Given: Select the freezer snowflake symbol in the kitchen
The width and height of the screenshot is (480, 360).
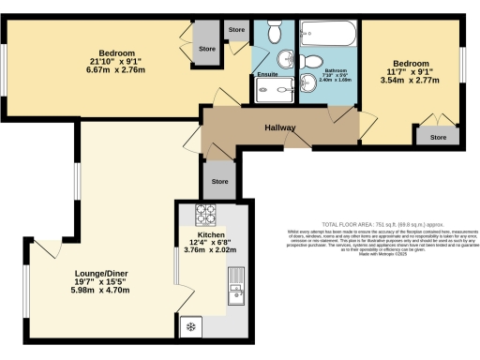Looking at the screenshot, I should pos(191,326).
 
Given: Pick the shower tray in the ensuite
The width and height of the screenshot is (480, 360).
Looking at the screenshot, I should pos(275,89).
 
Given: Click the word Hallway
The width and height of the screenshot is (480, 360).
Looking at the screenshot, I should pos(280,127).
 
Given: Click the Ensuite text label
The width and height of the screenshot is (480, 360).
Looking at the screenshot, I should pos(266,74).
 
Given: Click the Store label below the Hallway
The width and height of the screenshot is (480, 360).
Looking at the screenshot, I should pos(219,181).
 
